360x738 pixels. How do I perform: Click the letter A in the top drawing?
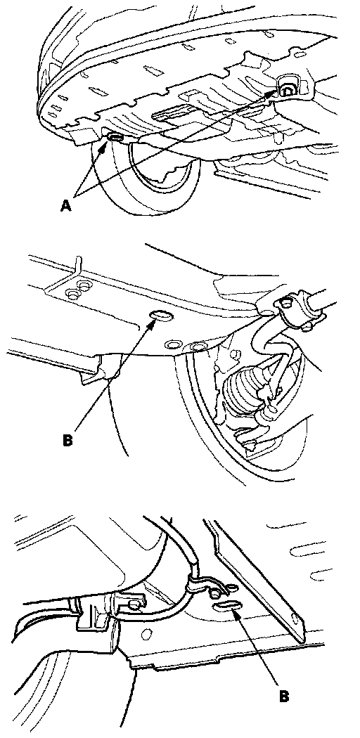[x=66, y=206]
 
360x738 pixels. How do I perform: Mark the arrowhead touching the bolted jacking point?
[x=272, y=93]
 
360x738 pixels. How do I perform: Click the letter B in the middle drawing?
[x=67, y=441]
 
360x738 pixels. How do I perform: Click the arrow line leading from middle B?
[x=113, y=375]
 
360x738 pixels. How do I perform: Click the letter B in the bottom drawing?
[x=283, y=696]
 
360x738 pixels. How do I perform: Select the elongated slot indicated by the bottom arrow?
[x=226, y=607]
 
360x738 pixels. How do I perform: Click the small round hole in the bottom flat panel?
[x=147, y=636]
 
